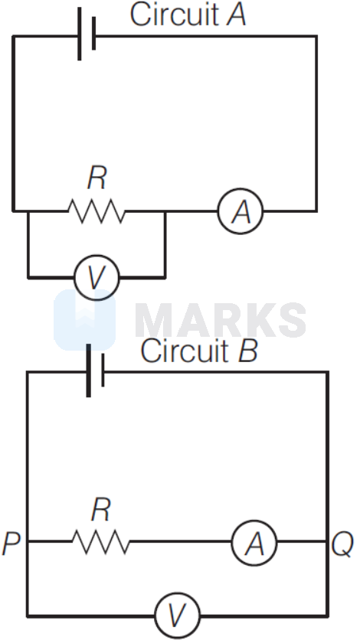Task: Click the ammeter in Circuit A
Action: click(x=241, y=211)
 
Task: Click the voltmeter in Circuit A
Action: click(x=97, y=276)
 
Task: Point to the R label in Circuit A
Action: click(x=97, y=178)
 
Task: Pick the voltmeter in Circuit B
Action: click(x=178, y=594)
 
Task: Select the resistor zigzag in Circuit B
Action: click(x=102, y=542)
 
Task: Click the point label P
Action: click(x=11, y=544)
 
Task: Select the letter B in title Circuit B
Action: click(x=247, y=351)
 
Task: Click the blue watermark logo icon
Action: click(x=84, y=320)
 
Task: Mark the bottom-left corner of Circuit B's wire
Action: click(x=28, y=594)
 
